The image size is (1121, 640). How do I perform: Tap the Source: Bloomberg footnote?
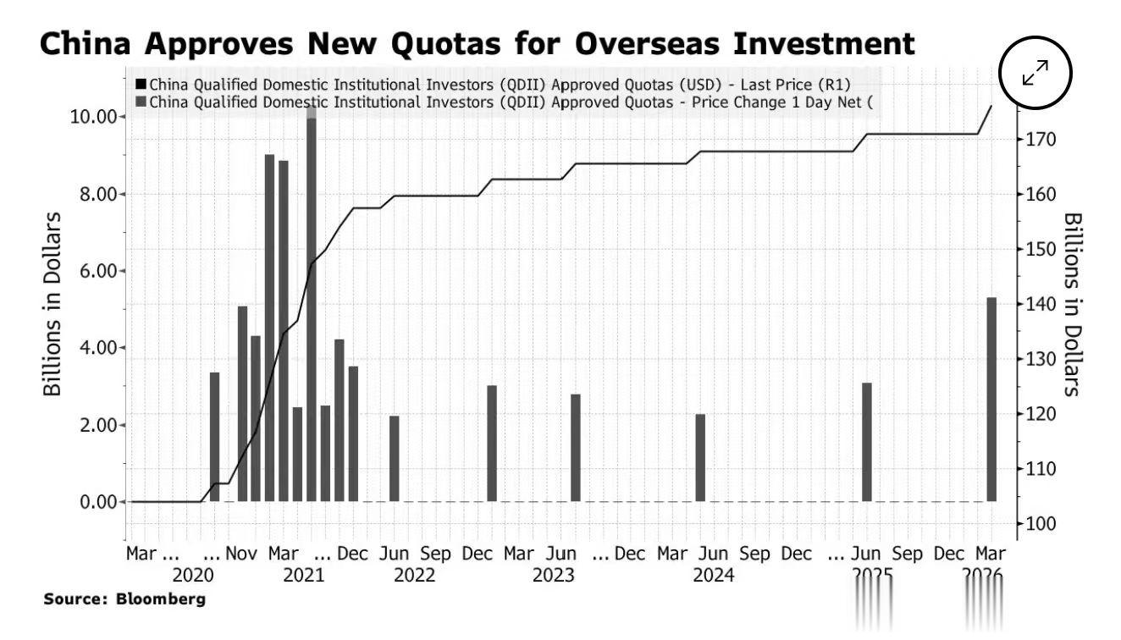(124, 599)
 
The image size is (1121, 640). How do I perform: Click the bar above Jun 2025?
(867, 442)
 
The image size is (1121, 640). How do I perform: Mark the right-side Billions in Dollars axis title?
(1072, 304)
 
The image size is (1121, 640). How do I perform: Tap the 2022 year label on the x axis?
(414, 576)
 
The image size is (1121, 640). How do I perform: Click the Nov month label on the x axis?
(241, 554)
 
